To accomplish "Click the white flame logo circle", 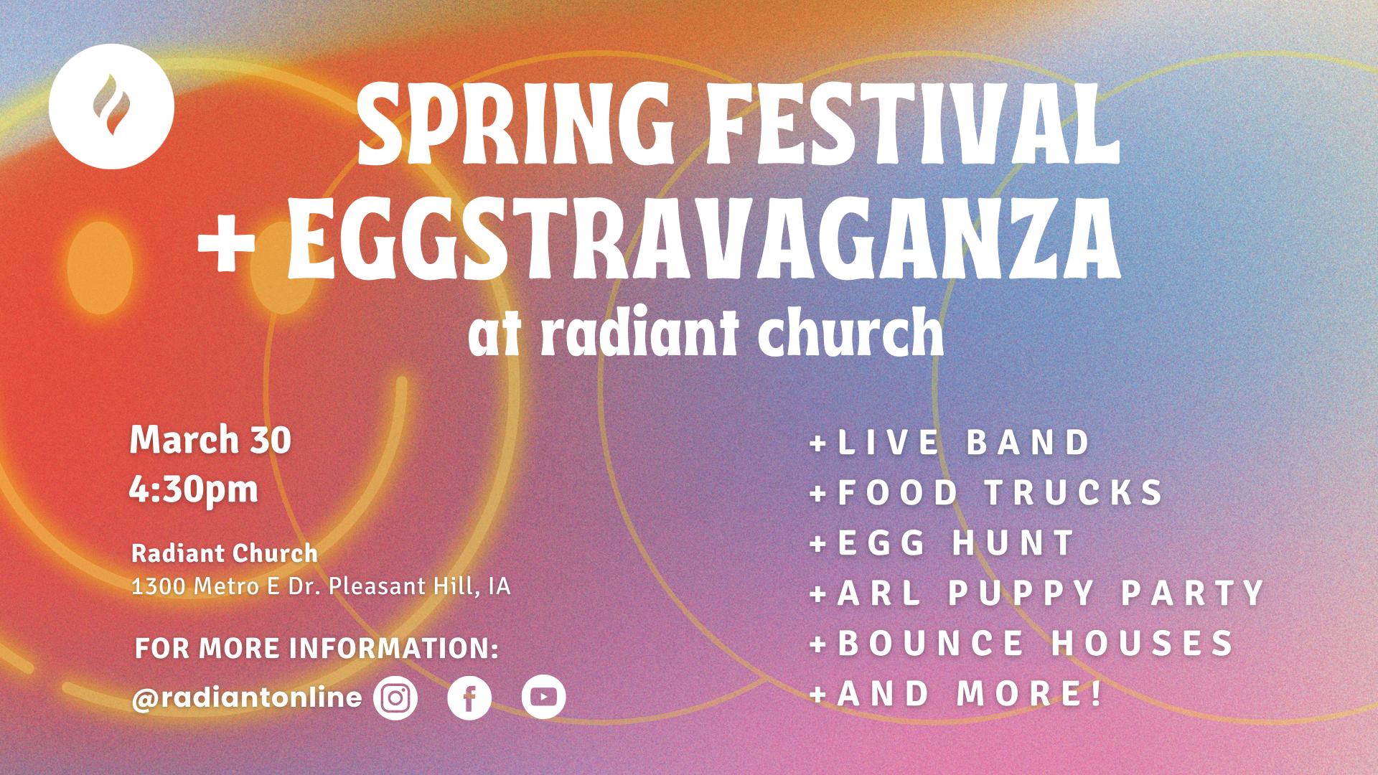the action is coord(111,106).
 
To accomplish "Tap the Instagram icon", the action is coord(395,697).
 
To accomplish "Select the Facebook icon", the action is coord(469,697).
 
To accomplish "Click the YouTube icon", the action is coord(543,697).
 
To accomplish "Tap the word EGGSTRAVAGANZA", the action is coord(703,238).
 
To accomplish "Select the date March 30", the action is coord(210,439).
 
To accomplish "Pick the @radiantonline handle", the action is coord(247,697).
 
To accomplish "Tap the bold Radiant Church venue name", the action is coord(225,553).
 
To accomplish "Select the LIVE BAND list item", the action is coord(950,442).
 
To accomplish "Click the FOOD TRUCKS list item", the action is coord(986,492).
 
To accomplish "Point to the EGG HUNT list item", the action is coord(942,542).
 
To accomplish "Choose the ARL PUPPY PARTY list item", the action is coord(1037,593).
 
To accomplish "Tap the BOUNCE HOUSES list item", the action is coord(1022,643).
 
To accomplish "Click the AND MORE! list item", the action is coord(956,693).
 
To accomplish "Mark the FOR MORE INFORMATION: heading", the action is coord(317,648).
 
